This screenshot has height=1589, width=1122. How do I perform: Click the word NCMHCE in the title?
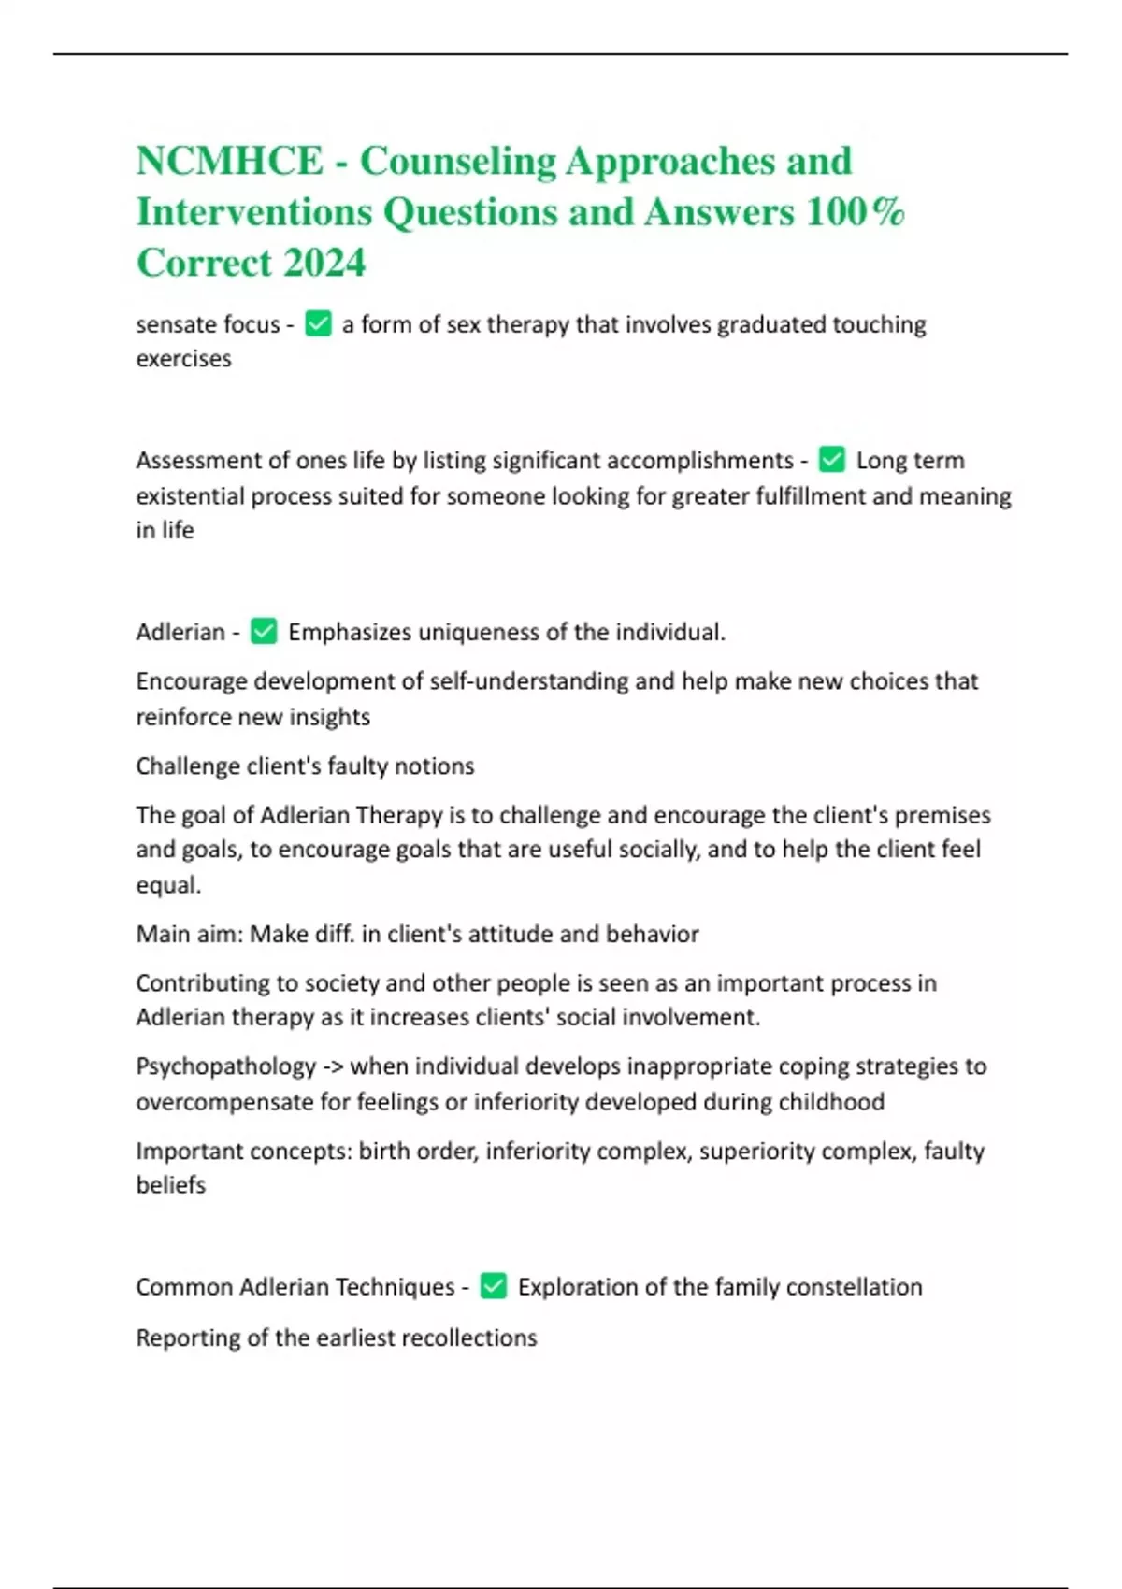point(230,161)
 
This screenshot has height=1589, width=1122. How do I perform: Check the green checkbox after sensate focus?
point(319,324)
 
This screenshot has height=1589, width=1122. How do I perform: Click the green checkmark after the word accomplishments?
point(831,460)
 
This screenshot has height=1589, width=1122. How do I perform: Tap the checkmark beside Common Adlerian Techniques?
point(494,1287)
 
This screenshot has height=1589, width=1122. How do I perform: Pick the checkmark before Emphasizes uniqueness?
point(264,632)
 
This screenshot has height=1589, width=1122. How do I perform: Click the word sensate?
point(176,324)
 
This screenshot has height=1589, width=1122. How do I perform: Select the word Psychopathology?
point(226,1066)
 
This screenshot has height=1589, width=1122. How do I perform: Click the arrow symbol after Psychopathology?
point(333,1066)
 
